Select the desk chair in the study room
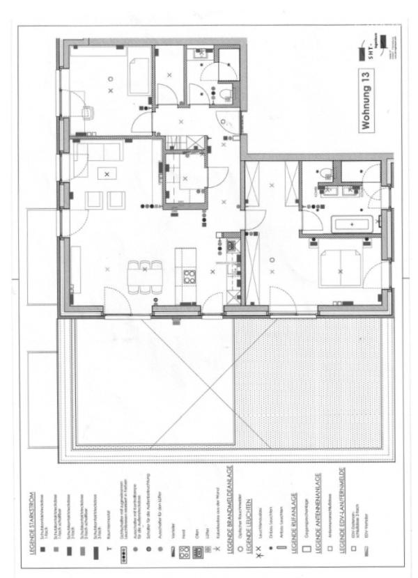pyautogui.click(x=88, y=112)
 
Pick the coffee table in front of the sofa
pyautogui.click(x=107, y=174)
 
